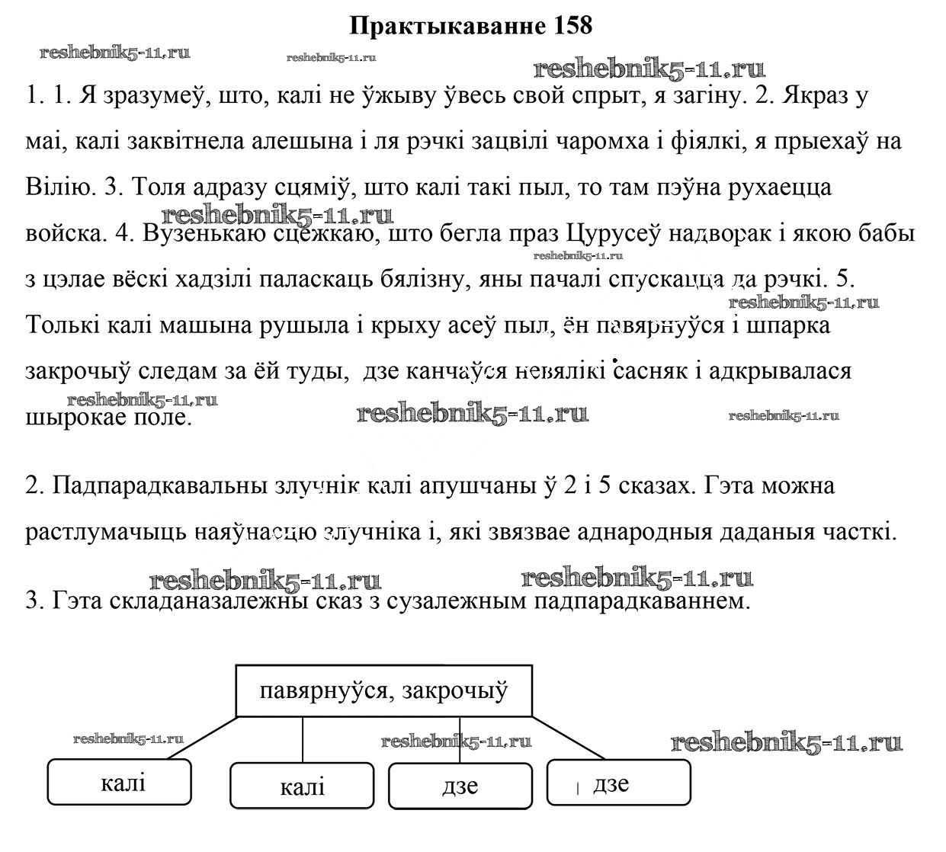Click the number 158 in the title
tap(569, 26)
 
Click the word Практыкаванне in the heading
tap(447, 26)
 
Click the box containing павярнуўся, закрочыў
tap(383, 691)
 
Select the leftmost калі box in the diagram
tap(120, 782)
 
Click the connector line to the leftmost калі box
tap(202, 738)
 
